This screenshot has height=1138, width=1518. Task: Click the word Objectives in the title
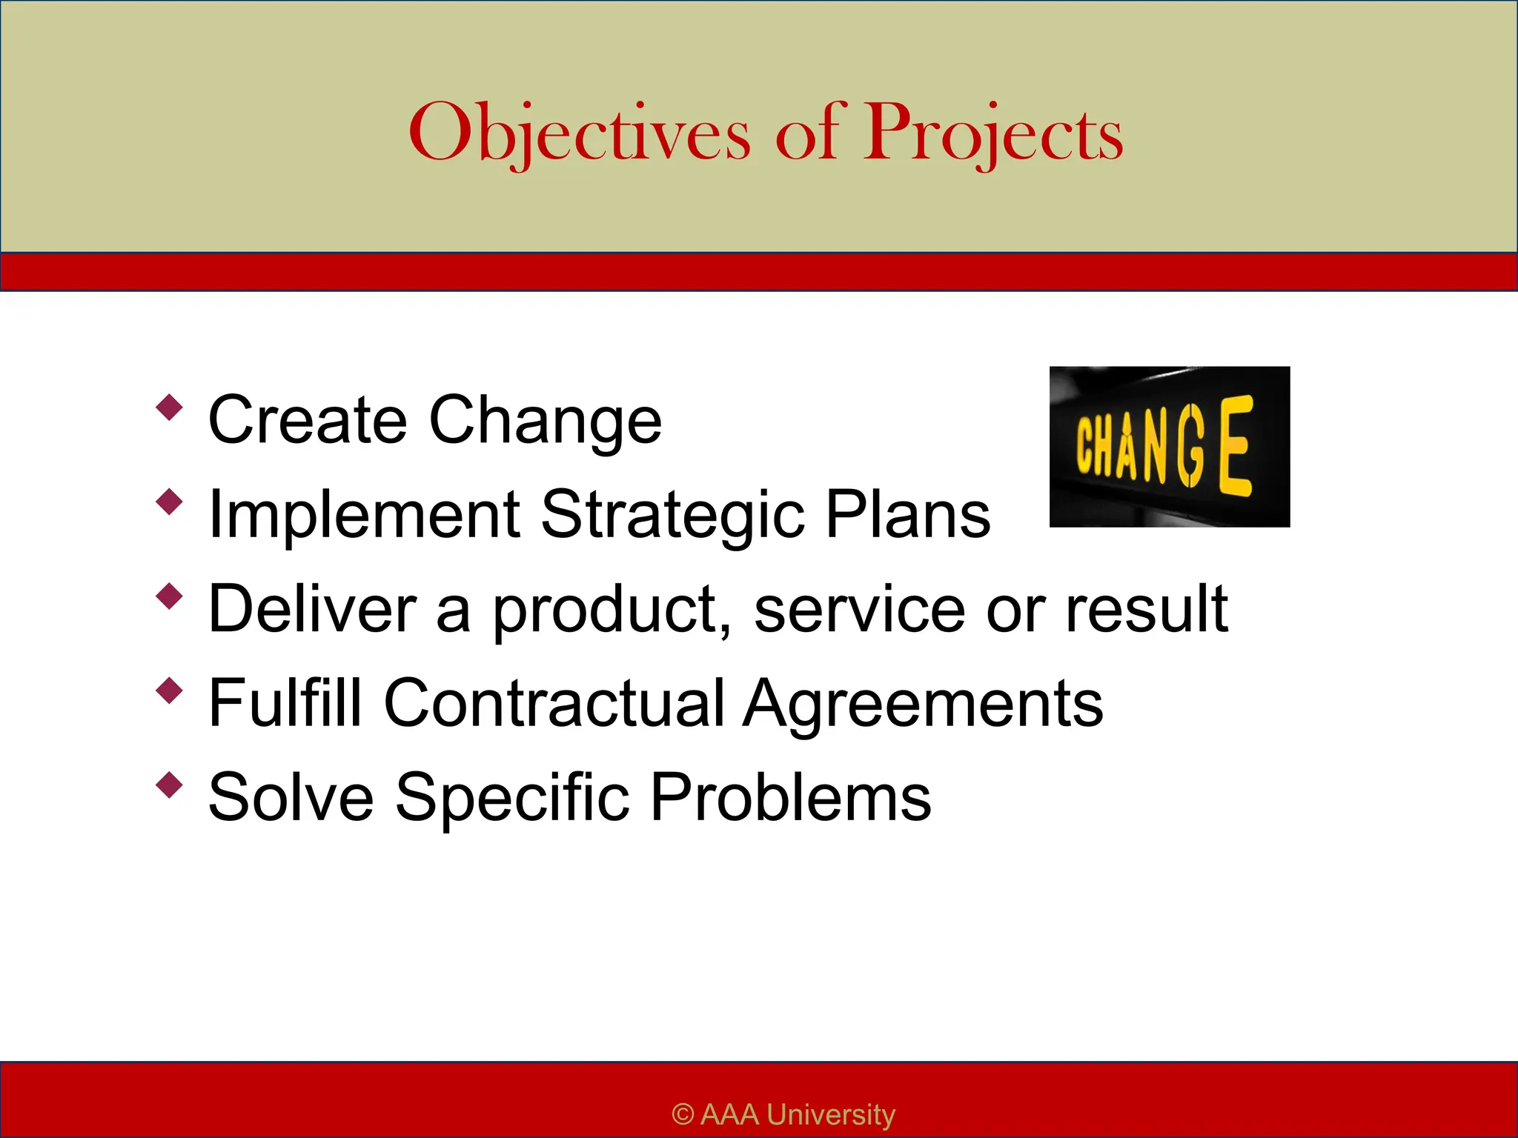[x=578, y=133]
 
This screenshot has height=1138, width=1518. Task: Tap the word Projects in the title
[x=993, y=133]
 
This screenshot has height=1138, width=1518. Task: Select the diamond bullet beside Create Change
[x=170, y=407]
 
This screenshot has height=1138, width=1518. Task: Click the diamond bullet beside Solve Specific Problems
[x=170, y=785]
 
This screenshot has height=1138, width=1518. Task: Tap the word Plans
[x=907, y=514]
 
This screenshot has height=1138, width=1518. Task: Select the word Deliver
[x=312, y=609]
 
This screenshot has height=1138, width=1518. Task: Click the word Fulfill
[x=285, y=703]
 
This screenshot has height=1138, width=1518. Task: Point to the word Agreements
[x=923, y=703]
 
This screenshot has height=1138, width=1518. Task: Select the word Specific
[x=512, y=798]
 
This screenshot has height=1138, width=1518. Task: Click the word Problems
[x=790, y=798]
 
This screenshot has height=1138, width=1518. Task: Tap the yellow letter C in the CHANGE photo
[x=1087, y=445]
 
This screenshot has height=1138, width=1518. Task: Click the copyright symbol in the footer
[x=683, y=1114]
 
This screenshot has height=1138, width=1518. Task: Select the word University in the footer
[x=830, y=1114]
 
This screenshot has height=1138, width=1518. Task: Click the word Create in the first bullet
[x=308, y=420]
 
